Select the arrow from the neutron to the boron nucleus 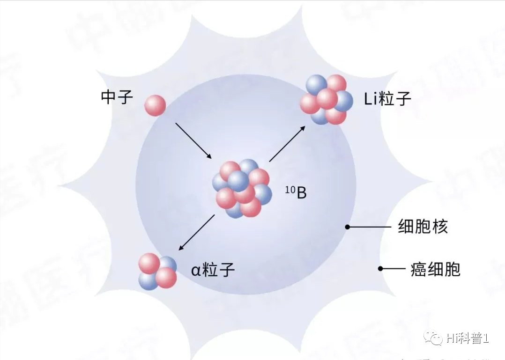pos(193,140)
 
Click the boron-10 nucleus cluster pos(242,189)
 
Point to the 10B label pos(296,192)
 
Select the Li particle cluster pos(327,100)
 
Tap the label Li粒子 pos(387,99)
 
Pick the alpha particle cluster pos(157,271)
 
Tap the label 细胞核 pos(423,227)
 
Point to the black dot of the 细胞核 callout pos(348,227)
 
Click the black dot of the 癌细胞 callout pos(381,269)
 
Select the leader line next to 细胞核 pos(370,227)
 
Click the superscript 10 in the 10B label pos(289,188)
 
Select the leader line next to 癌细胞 pos(394,269)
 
